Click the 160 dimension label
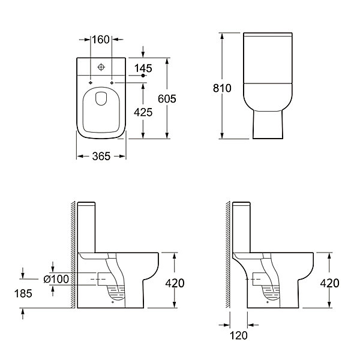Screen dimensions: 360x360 (101, 40)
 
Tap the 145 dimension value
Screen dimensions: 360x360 (143, 68)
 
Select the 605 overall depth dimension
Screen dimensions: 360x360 (167, 99)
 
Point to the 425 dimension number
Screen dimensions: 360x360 (143, 112)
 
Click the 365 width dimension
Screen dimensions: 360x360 (101, 157)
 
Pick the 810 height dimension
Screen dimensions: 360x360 (222, 88)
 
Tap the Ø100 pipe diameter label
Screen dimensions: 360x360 (56, 279)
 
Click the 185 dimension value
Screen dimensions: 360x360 (23, 293)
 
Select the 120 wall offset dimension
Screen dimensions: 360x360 (239, 335)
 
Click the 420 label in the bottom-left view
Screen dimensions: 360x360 (175, 283)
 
